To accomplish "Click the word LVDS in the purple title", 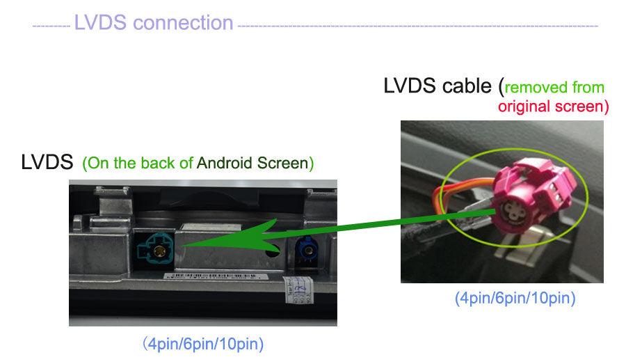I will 101,22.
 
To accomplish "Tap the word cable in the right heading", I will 467,86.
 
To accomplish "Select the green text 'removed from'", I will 554,88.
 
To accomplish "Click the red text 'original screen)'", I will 553,106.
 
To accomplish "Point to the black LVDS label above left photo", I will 47,163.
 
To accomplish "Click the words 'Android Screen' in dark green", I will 255,164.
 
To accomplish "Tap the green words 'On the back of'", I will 139,164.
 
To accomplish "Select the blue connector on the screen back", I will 305,248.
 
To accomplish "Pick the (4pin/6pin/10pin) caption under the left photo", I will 203,344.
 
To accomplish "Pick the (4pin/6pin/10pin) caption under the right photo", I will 515,299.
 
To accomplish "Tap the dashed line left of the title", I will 51,26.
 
